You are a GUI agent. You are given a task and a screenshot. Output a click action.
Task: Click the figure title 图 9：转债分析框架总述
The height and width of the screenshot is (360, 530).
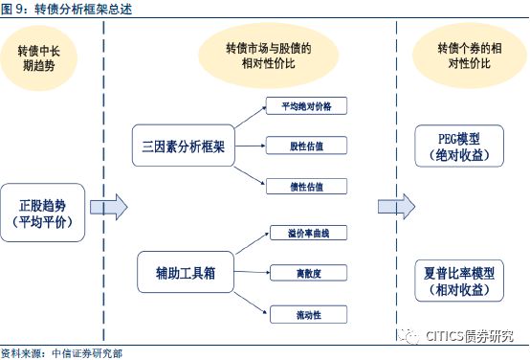pyautogui.click(x=66, y=9)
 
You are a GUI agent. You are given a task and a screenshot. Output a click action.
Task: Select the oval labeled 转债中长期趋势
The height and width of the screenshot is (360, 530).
pyautogui.click(x=39, y=57)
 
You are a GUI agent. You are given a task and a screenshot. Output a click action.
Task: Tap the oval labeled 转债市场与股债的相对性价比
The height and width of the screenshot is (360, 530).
pyautogui.click(x=269, y=56)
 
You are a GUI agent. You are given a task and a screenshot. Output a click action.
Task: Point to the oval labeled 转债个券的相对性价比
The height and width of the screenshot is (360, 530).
pyautogui.click(x=469, y=56)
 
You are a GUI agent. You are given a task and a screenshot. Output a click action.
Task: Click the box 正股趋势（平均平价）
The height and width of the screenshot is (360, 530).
pyautogui.click(x=43, y=213)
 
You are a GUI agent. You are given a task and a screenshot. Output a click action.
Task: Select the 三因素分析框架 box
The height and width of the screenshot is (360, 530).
pyautogui.click(x=183, y=146)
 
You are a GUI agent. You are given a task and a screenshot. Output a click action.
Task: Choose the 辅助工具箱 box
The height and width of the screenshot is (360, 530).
pyautogui.click(x=186, y=272)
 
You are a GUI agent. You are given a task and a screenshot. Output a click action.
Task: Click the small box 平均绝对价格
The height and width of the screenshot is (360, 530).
pyautogui.click(x=306, y=106)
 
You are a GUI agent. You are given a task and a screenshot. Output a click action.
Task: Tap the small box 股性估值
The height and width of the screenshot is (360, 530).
pyautogui.click(x=306, y=146)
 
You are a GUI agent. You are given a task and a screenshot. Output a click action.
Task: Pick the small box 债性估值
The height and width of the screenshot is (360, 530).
pyautogui.click(x=306, y=187)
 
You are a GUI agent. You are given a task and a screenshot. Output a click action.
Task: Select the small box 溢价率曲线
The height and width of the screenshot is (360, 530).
pyautogui.click(x=308, y=233)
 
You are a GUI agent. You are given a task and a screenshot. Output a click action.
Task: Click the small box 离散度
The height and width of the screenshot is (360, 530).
pyautogui.click(x=308, y=273)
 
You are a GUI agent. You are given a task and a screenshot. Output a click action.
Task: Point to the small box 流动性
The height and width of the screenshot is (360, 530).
pyautogui.click(x=308, y=315)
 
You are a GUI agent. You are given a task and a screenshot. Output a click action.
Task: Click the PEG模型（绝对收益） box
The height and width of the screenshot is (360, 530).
pyautogui.click(x=459, y=146)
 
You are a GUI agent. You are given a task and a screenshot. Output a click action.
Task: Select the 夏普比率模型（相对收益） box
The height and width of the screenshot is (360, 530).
pyautogui.click(x=459, y=281)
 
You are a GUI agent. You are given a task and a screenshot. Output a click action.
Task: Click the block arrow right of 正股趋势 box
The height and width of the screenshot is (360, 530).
pyautogui.click(x=109, y=207)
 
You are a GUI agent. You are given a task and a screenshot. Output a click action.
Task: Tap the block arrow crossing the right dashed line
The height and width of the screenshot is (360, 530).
pyautogui.click(x=396, y=207)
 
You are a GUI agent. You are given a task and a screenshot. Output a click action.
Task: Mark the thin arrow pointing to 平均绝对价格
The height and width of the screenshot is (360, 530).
pyautogui.click(x=251, y=117)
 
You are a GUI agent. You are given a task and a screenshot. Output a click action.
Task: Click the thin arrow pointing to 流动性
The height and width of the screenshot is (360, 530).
pyautogui.click(x=251, y=304)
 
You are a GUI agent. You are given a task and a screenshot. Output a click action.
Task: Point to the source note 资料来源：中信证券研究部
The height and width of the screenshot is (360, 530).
pyautogui.click(x=61, y=354)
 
